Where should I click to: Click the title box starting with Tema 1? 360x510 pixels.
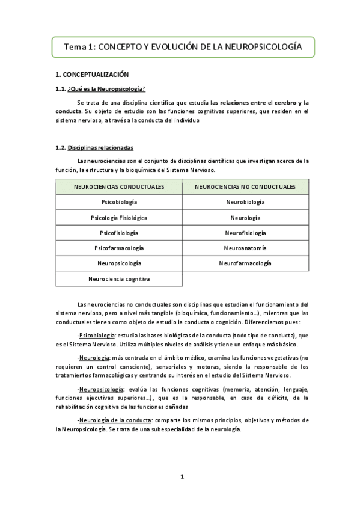183,46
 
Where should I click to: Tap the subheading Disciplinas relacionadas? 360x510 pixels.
101,147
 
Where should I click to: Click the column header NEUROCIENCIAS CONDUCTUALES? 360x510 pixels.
119,187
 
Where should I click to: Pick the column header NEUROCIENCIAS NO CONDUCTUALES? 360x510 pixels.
245,187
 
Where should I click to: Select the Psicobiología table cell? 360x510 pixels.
119,203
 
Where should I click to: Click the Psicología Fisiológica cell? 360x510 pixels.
119,218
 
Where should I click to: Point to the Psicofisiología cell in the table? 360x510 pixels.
119,233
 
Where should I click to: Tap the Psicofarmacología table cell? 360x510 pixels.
119,248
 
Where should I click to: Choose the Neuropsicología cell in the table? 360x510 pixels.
119,263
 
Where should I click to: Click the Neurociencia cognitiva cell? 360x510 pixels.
119,278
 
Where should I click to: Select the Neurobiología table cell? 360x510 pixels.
245,203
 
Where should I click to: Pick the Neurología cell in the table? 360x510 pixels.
245,218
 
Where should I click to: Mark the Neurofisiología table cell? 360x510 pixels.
245,233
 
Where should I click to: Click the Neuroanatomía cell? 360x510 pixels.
245,248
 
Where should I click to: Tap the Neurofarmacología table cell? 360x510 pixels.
245,263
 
